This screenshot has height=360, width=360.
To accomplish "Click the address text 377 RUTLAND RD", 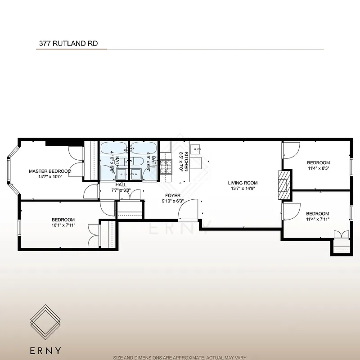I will click(x=67, y=44).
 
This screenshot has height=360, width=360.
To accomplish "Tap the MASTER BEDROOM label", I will click(x=50, y=171).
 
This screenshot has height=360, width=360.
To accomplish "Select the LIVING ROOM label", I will click(x=243, y=183).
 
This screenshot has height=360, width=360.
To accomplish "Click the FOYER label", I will click(x=173, y=196).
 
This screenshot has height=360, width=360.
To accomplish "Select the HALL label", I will click(x=121, y=184).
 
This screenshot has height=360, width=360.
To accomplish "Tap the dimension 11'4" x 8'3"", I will click(x=318, y=168).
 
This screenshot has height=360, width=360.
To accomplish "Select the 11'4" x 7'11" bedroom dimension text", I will click(x=317, y=219).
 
